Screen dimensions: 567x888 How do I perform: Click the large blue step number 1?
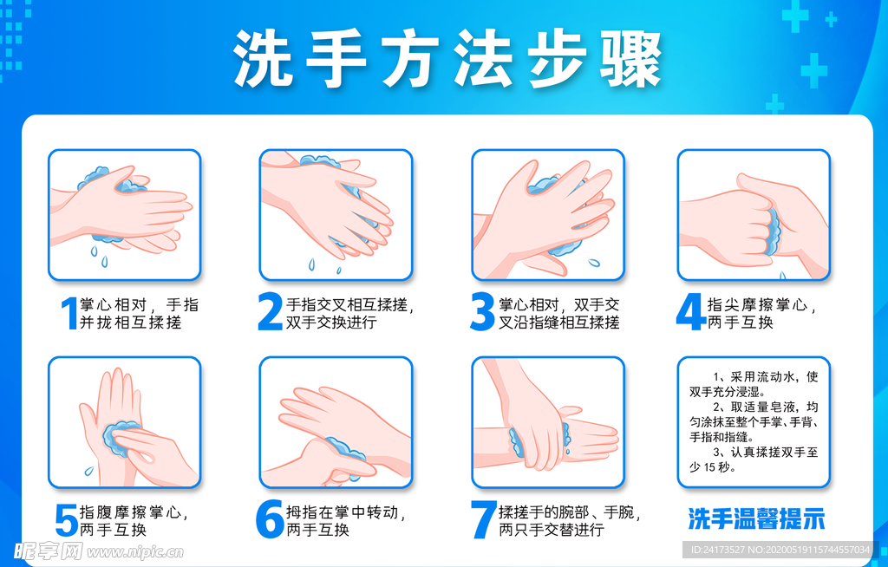point(68,313)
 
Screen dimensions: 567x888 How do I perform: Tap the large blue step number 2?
point(271,313)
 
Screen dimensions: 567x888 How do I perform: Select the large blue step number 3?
point(482,313)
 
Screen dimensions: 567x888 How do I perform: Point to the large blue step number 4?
point(690,313)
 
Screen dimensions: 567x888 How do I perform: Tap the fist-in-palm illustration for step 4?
point(753,214)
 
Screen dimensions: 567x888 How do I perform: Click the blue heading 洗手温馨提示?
point(756,519)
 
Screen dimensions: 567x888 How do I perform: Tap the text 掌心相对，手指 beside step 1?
point(139,304)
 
